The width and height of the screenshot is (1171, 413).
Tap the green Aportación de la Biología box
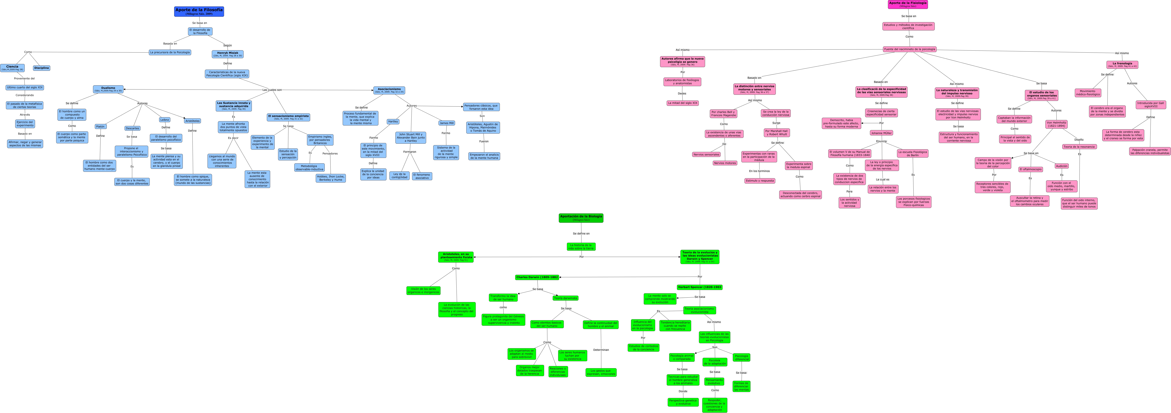pyautogui.click(x=581, y=218)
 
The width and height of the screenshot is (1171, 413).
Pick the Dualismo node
pyautogui.click(x=108, y=89)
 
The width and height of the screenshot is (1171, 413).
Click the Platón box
pyautogui.click(x=100, y=126)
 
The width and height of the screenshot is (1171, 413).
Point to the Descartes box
pyautogui.click(x=132, y=128)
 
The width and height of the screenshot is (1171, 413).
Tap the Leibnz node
pyautogui.click(x=165, y=120)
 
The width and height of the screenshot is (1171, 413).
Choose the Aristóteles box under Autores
pyautogui.click(x=192, y=121)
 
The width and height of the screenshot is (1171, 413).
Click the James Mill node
pyautogui.click(x=446, y=123)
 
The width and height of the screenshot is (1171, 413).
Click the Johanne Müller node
pyautogui.click(x=882, y=133)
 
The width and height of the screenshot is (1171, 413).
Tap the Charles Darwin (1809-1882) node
pyautogui.click(x=537, y=277)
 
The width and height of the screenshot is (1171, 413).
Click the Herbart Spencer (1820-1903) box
pyautogui.click(x=700, y=287)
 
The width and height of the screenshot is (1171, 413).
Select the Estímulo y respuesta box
pyautogui.click(x=760, y=181)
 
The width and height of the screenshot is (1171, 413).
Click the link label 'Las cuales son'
pyautogui.click(x=272, y=90)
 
